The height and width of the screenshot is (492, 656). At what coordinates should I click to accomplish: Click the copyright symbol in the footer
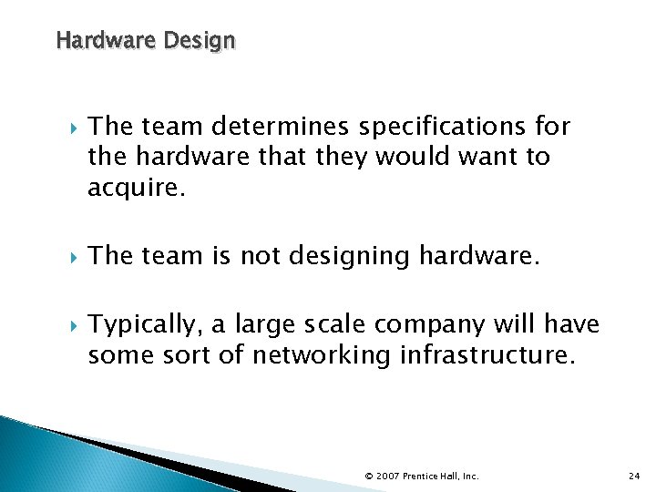tap(369, 475)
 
